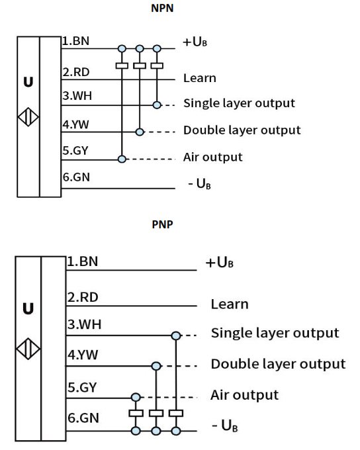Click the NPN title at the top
(162, 8)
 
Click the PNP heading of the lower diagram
(163, 224)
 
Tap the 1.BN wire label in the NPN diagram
(76, 41)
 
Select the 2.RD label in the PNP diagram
(83, 297)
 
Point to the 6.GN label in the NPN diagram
(76, 177)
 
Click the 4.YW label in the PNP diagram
(83, 355)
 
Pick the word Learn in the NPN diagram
(200, 78)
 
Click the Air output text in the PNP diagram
(245, 395)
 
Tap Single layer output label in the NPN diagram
(239, 103)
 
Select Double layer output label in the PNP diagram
(278, 364)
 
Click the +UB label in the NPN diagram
(195, 42)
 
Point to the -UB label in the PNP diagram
(225, 426)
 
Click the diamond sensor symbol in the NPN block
(28, 117)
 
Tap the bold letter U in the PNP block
(28, 309)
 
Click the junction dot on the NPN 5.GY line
(122, 159)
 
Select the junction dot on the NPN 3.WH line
(157, 105)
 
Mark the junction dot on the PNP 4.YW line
(156, 366)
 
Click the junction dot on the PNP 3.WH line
(176, 336)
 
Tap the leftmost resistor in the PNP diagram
(136, 413)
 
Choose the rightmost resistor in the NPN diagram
(157, 66)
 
